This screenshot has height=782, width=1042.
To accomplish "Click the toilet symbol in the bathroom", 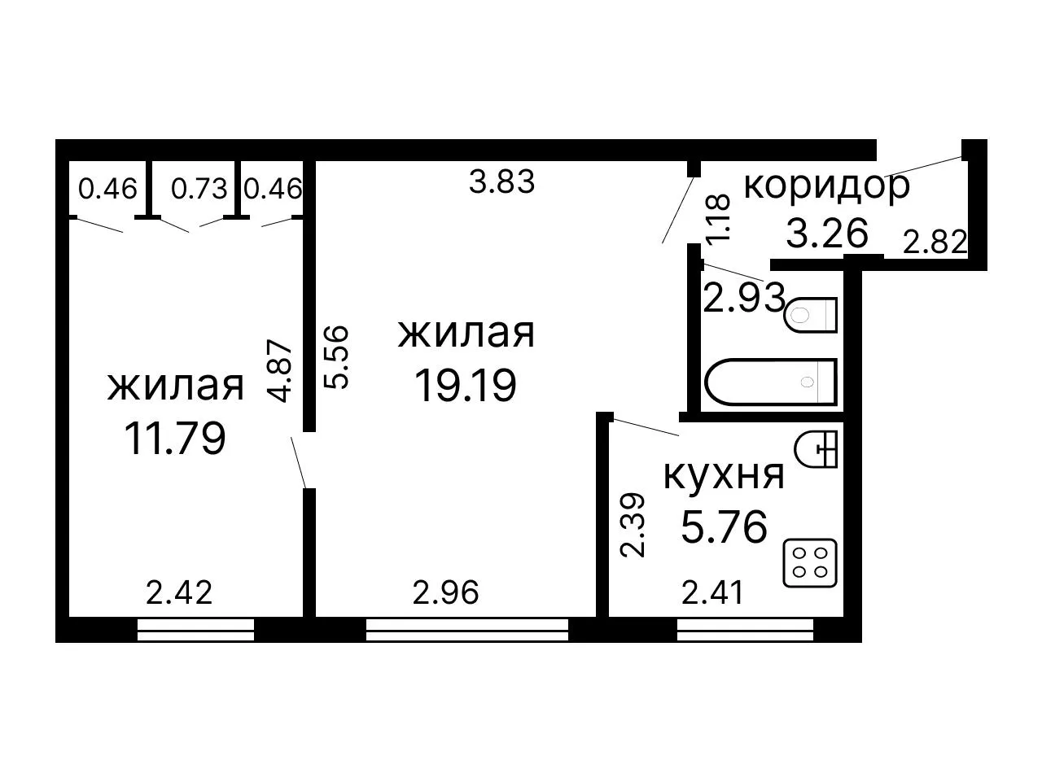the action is [811, 315].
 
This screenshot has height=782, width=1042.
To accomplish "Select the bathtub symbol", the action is [770, 382].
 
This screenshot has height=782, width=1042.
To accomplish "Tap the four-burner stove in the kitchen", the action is [810, 563].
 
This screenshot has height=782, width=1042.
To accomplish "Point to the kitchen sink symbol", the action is [816, 449].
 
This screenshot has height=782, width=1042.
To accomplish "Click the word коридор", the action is [826, 186].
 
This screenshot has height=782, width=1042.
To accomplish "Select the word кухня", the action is [724, 475].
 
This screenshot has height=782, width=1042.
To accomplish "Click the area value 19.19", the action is [465, 386].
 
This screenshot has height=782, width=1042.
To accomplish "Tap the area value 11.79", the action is [175, 439].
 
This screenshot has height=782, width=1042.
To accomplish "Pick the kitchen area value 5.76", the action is [724, 526].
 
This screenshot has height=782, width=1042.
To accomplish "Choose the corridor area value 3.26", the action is [827, 233].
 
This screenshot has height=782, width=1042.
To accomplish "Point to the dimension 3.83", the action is [501, 181].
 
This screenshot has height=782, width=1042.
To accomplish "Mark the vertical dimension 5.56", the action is [336, 357].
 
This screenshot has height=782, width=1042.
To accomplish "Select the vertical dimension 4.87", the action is [279, 370].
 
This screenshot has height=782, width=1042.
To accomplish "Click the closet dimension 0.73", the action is [199, 189].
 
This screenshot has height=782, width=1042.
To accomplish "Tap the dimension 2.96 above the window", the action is [446, 592].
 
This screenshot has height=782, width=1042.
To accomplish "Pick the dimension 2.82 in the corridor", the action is [935, 242].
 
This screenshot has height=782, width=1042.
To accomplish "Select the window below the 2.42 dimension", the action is [195, 630].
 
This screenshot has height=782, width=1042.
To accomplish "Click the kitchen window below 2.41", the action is [745, 630].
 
